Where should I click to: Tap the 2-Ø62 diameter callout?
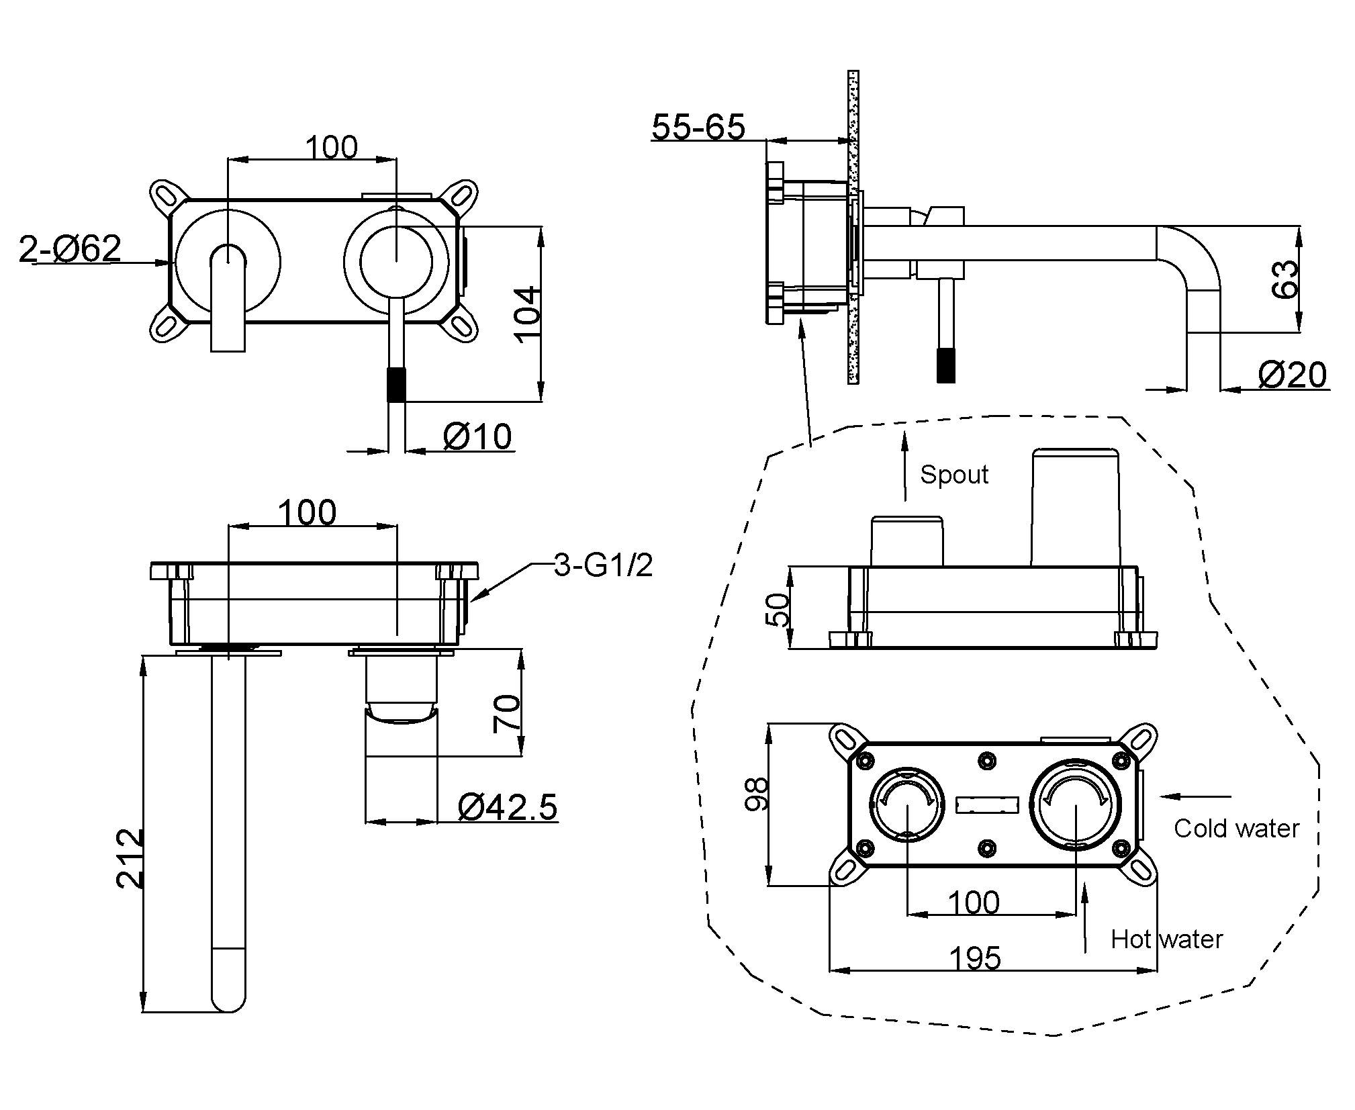pos(70,248)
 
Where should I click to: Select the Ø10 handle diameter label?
pos(477,436)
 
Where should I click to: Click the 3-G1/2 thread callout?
pos(603,565)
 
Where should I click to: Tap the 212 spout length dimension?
pos(130,858)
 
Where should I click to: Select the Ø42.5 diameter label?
pos(508,806)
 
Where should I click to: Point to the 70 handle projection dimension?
pos(507,714)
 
